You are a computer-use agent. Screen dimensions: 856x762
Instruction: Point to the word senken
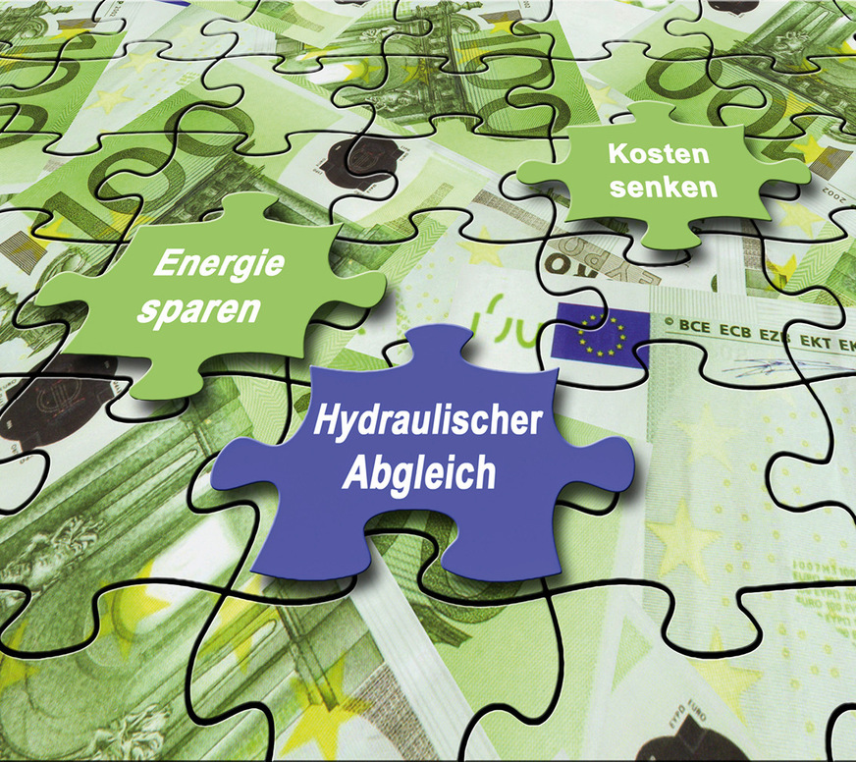(664, 187)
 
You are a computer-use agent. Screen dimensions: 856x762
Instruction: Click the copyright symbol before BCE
(669, 320)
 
